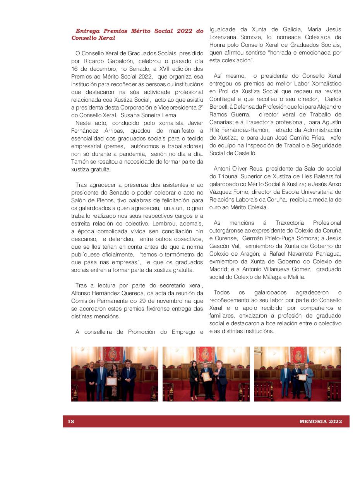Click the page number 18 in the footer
tap(71, 422)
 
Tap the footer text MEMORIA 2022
tap(321, 422)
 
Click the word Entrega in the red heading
tap(87, 31)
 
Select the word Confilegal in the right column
tap(222, 99)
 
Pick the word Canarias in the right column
tap(221, 122)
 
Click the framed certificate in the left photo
tap(111, 381)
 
